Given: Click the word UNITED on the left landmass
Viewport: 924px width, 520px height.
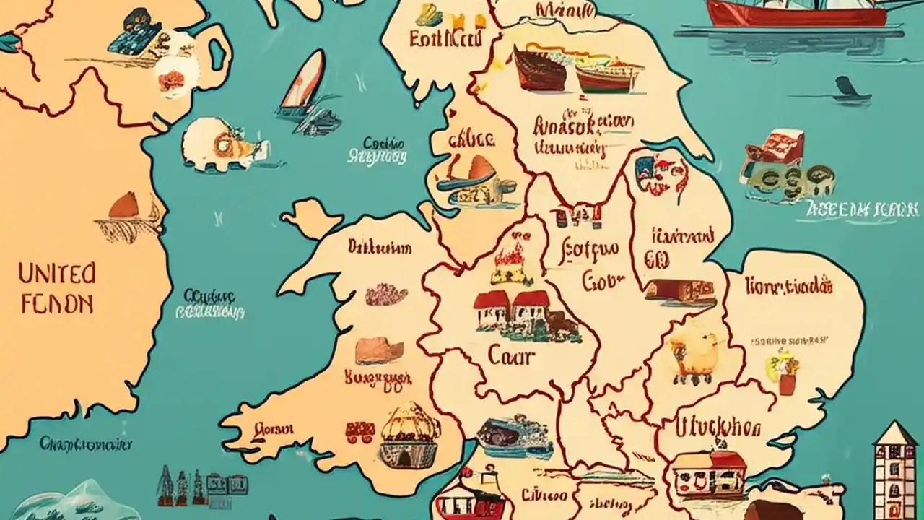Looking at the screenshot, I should pyautogui.click(x=56, y=274).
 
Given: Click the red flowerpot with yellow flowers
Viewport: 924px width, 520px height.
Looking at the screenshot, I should pyautogui.click(x=785, y=372).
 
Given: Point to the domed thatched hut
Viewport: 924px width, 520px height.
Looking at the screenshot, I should pyautogui.click(x=409, y=433).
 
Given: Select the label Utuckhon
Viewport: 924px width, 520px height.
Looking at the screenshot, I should pyautogui.click(x=718, y=428).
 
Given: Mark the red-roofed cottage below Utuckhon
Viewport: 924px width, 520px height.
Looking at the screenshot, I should pyautogui.click(x=707, y=473).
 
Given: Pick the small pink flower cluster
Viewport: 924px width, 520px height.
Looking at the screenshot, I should pyautogui.click(x=386, y=294).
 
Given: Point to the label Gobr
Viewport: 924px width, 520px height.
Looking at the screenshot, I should pyautogui.click(x=602, y=280).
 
